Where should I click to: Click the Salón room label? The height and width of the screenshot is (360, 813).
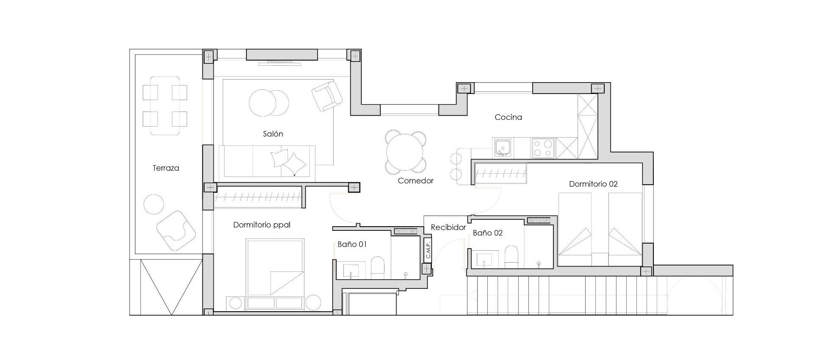point(273,134)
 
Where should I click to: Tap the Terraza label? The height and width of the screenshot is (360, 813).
point(166,168)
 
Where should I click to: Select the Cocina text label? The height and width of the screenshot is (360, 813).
point(508,117)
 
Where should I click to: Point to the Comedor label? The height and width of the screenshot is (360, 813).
point(415,181)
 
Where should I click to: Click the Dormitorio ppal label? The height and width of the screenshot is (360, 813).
point(262,225)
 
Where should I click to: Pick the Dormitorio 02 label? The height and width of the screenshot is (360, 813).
point(593,184)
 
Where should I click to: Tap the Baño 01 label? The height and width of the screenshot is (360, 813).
point(352,244)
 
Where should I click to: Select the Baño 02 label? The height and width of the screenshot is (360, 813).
point(487,233)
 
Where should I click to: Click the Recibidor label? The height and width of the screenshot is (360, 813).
point(448,227)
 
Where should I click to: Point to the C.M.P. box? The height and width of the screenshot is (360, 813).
point(428,250)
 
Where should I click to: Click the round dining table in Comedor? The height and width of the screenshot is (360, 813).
point(405,152)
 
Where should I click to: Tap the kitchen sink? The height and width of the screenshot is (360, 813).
point(503,148)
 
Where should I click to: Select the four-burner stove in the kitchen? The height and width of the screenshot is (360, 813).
point(543,148)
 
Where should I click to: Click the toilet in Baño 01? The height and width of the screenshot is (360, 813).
point(377,268)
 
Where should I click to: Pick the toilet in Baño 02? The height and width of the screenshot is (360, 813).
point(511,258)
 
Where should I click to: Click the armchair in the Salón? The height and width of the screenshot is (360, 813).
point(326,96)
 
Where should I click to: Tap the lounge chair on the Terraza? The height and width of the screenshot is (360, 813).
point(175,231)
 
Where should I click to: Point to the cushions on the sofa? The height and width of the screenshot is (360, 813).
point(288,161)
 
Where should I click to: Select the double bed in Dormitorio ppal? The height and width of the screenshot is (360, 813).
point(275,268)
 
